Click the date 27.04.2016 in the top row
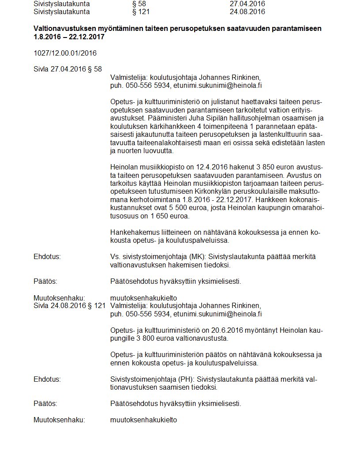point(247,4)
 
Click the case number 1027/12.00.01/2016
point(65,53)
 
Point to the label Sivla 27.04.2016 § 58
point(67,69)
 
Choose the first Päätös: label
point(45,281)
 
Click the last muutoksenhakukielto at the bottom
point(143,420)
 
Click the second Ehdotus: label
point(47,380)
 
